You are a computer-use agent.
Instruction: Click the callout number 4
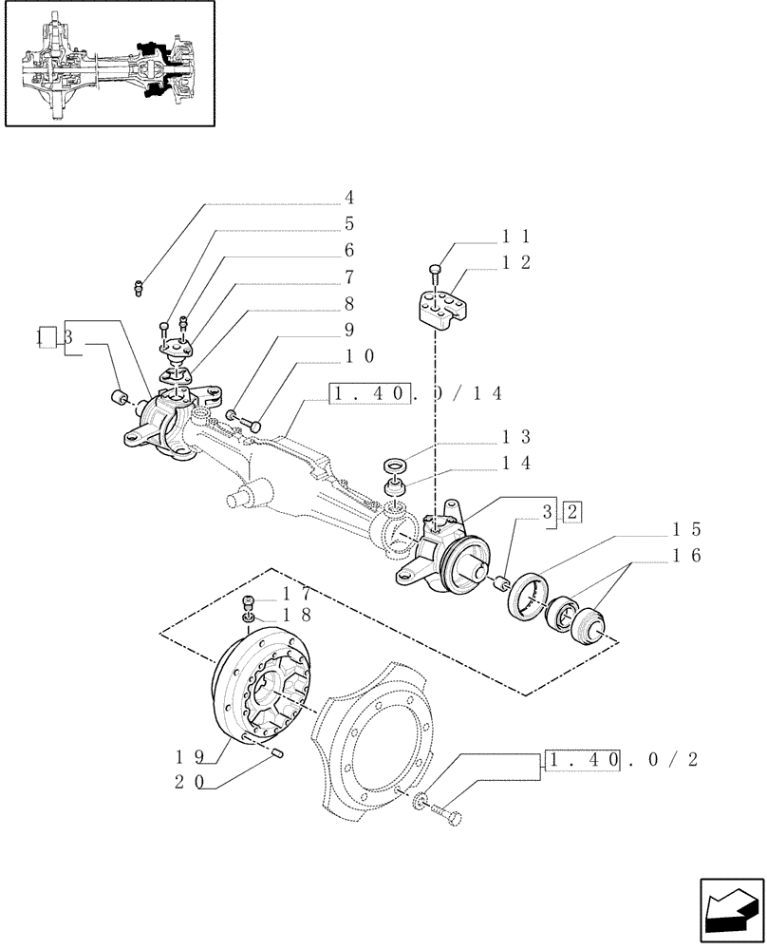tap(349, 198)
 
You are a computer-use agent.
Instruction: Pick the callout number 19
tap(187, 757)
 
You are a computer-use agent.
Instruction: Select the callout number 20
tap(187, 784)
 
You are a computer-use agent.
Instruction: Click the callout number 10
tap(360, 356)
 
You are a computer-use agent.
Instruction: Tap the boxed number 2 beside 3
tap(572, 512)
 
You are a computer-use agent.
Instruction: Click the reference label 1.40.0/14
tap(415, 392)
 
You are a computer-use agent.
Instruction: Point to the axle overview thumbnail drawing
tap(108, 64)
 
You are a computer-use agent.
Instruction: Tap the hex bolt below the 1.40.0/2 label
tap(446, 815)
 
